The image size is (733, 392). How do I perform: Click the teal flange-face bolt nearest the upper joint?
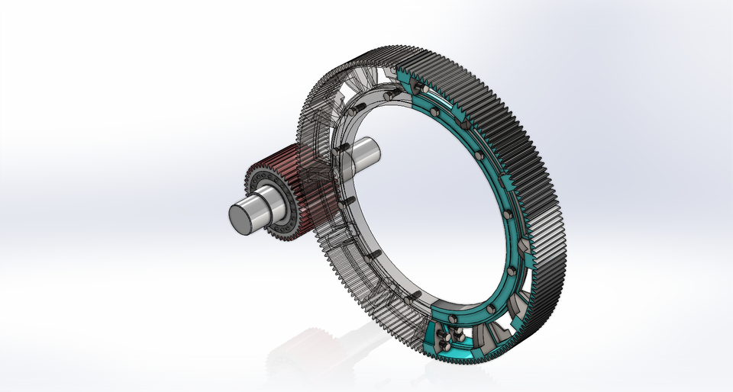(434, 95)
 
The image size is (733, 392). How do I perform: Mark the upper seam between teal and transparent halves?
(399, 76)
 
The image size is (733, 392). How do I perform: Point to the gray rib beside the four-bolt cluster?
(489, 336)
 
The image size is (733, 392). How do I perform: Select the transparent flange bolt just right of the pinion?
(347, 201)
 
